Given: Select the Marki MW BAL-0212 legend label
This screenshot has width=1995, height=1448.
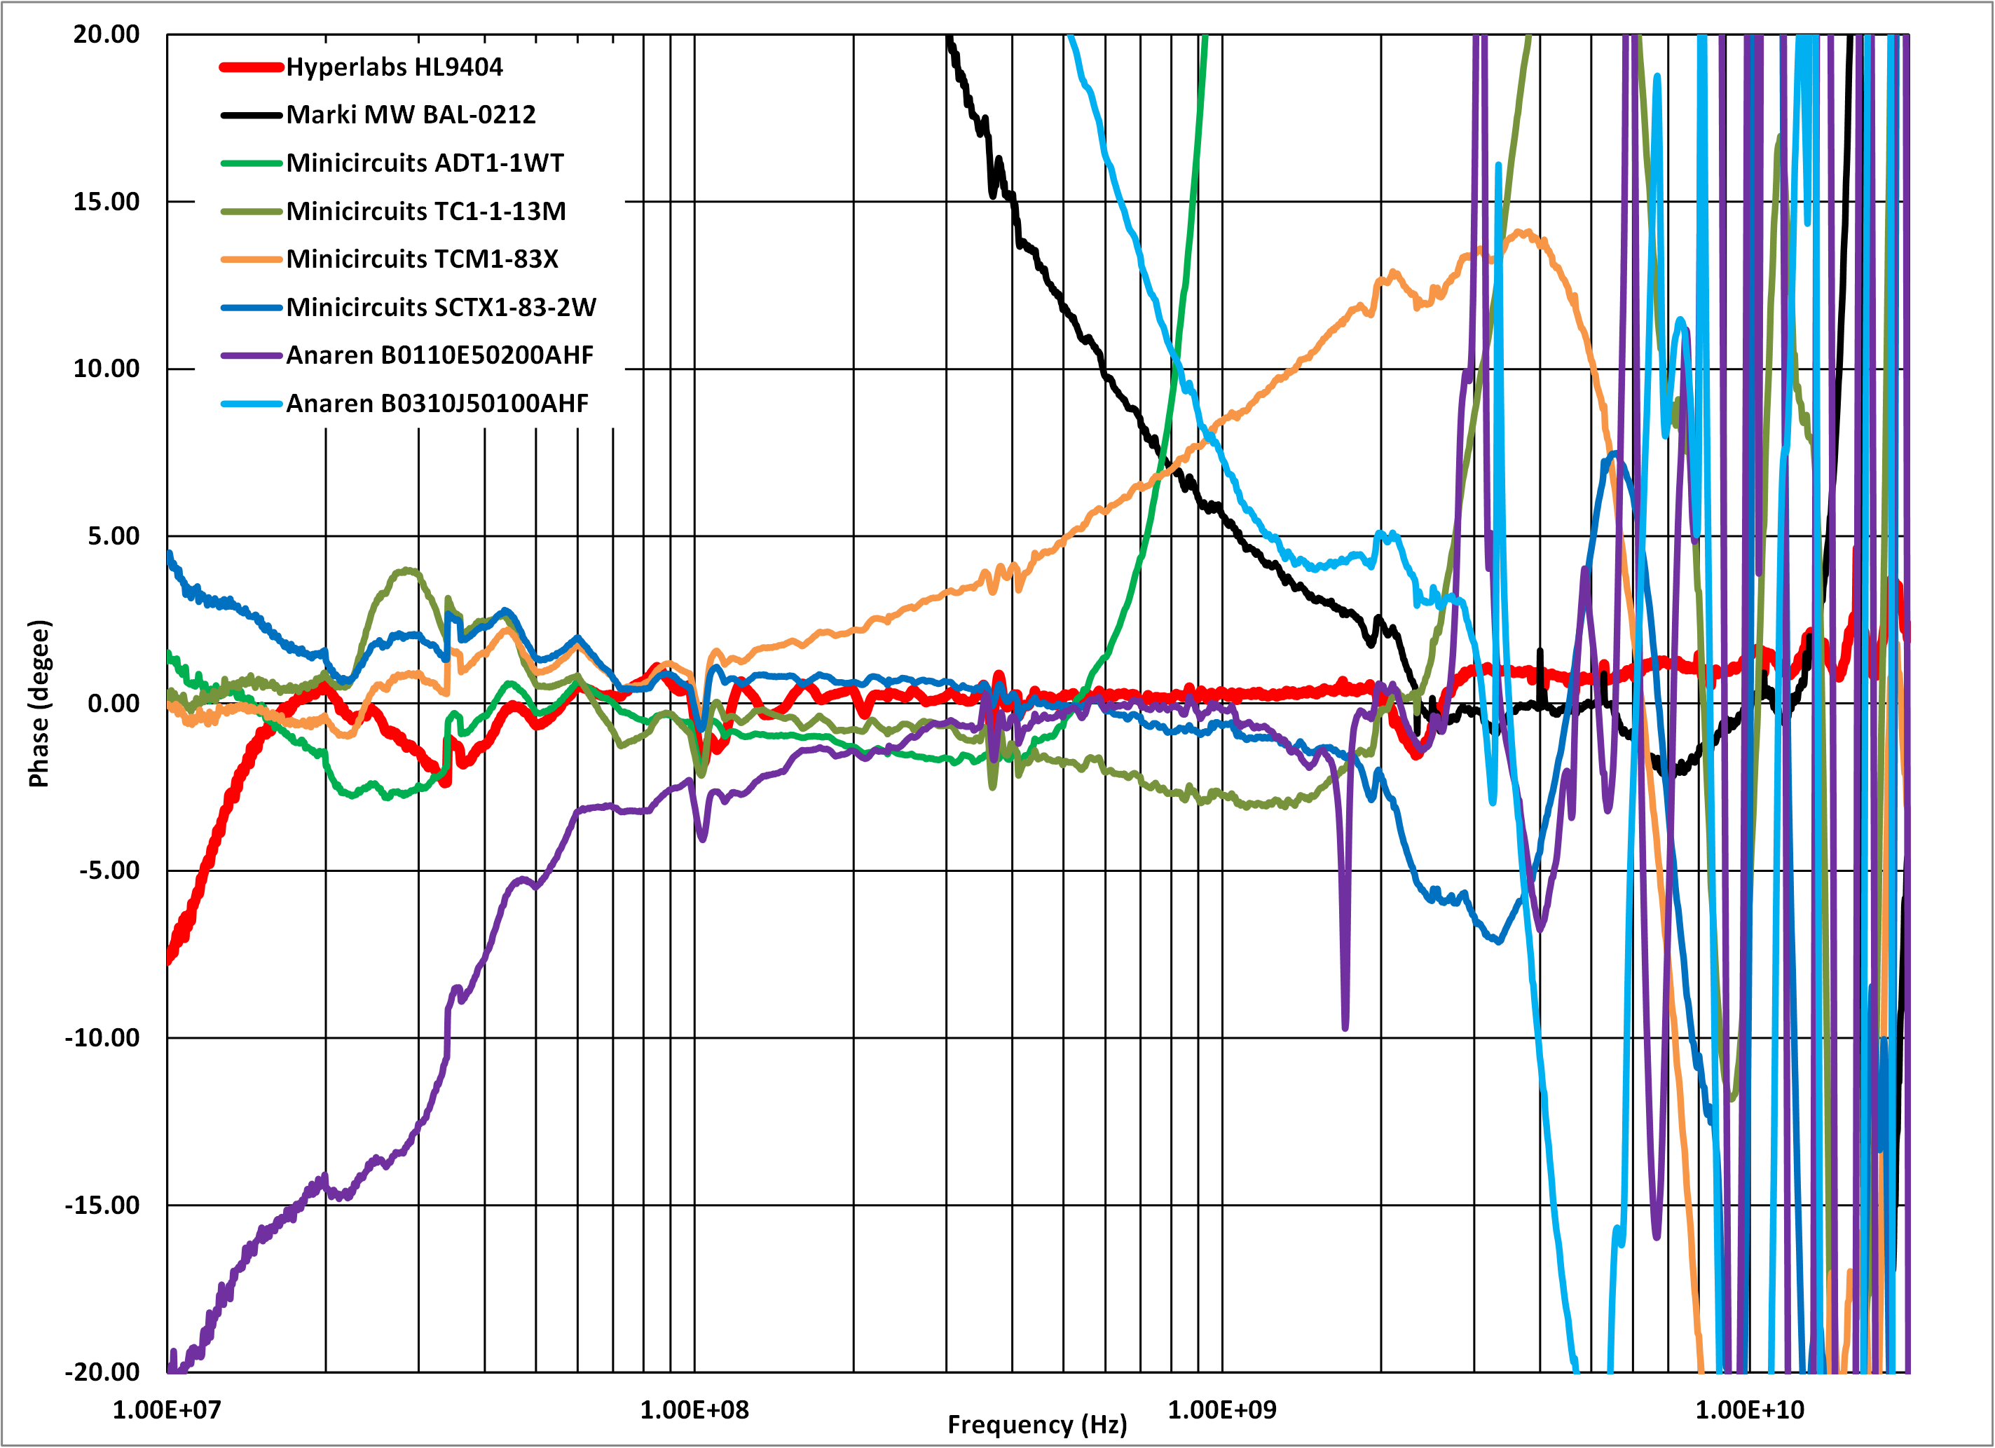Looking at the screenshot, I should (411, 114).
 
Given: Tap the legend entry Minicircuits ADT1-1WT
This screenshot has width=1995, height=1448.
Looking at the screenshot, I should (425, 163).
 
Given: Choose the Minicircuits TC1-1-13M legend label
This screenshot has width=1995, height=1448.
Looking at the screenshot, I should (426, 211).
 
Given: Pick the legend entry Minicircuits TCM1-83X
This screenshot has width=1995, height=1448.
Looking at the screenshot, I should (423, 259).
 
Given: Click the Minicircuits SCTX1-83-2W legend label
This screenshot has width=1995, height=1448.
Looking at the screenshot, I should (441, 307).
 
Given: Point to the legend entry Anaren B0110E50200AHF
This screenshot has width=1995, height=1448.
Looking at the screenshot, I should (440, 355).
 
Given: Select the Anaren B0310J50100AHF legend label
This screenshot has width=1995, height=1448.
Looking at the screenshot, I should (437, 403).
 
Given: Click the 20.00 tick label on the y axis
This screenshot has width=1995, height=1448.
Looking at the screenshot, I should (107, 34).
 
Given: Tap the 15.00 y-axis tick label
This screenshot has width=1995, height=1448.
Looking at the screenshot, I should (107, 201).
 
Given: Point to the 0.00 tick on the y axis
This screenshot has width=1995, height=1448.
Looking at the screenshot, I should (114, 704).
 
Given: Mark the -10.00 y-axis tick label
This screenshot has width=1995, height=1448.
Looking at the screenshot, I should (102, 1038).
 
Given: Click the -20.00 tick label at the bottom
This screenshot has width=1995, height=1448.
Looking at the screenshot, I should (102, 1372).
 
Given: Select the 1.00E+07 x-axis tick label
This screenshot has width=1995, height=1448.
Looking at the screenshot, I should (167, 1410).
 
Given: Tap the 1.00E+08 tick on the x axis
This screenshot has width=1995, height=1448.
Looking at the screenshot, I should (694, 1410).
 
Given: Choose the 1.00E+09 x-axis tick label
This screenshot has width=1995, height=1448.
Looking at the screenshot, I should (1222, 1410).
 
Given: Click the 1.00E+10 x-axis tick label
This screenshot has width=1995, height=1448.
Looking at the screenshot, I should (1750, 1410).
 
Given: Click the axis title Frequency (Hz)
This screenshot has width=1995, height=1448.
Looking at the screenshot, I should (1037, 1425).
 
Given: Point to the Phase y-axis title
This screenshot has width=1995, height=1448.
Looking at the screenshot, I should (39, 704).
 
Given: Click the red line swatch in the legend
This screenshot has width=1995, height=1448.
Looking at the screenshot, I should (251, 67).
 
